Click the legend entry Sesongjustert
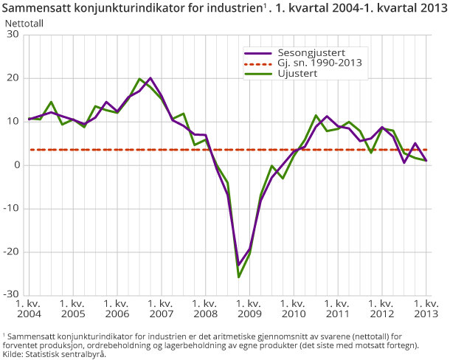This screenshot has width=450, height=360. click(310, 52)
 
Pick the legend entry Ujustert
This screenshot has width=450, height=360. click(299, 73)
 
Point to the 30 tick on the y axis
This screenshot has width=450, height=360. click(13, 35)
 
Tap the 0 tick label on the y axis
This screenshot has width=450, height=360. click(15, 165)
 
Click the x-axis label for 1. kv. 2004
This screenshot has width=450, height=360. click(29, 308)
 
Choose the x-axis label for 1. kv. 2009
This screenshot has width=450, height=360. click(249, 308)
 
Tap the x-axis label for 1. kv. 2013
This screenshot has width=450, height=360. click(426, 308)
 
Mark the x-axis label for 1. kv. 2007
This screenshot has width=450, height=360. click(161, 308)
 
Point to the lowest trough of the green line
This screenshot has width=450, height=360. click(239, 277)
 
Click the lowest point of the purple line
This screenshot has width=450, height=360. click(239, 266)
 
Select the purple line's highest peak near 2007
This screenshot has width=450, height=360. click(150, 78)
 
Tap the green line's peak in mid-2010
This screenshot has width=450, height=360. click(316, 115)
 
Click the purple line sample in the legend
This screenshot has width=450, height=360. click(257, 52)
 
